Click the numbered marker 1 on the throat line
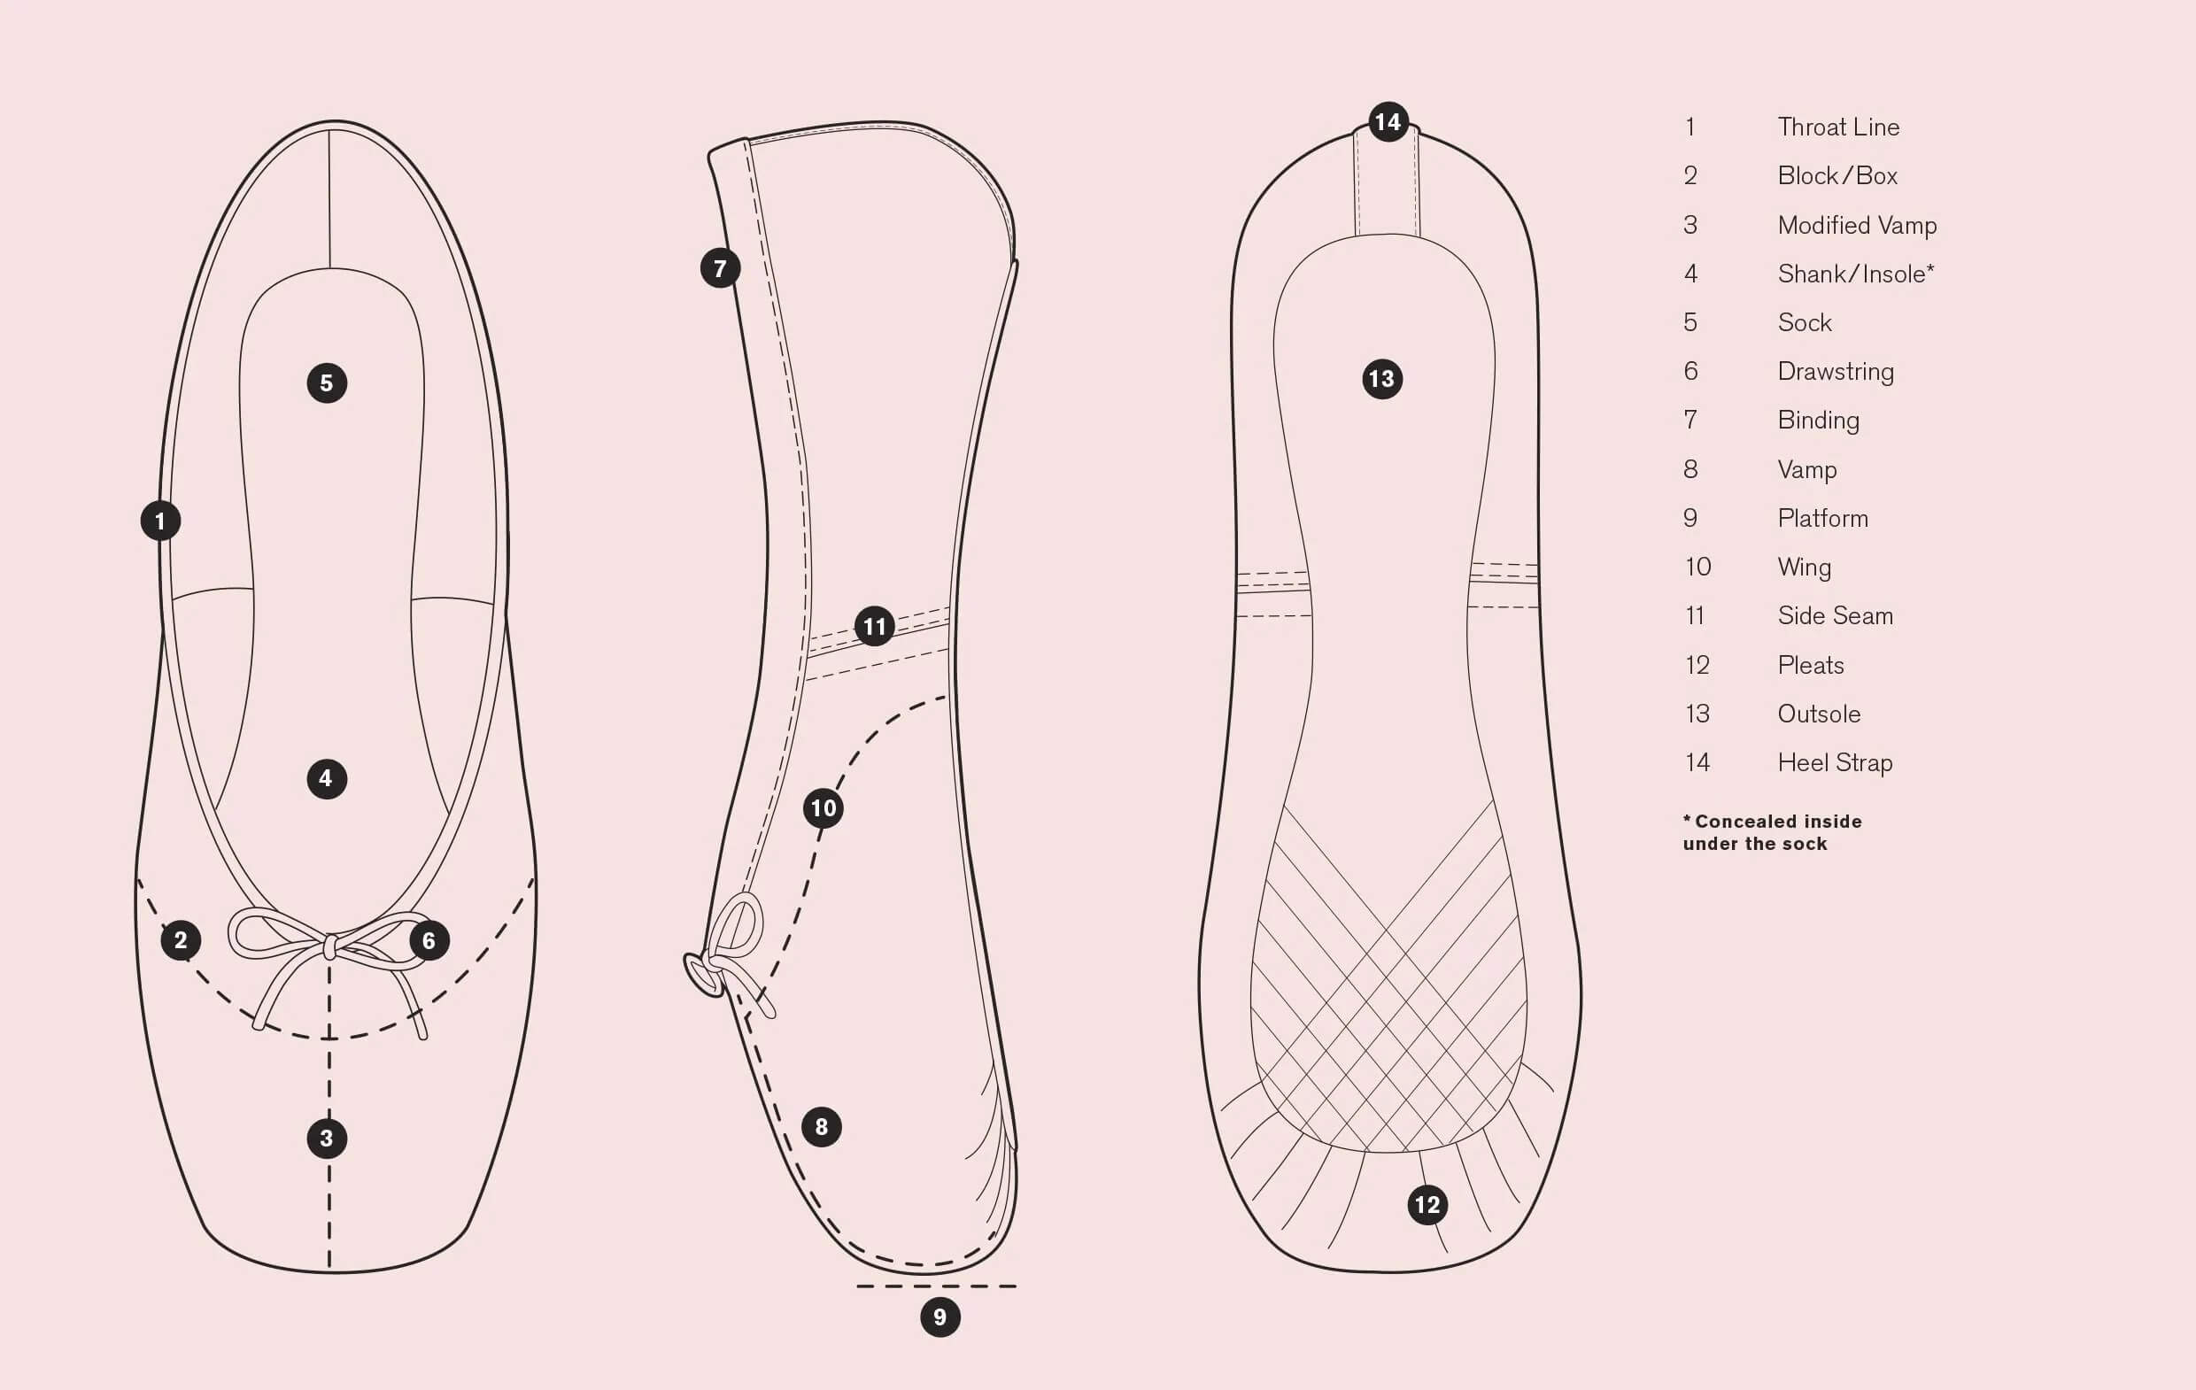coord(160,521)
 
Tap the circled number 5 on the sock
coord(327,383)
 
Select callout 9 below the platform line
coord(940,1317)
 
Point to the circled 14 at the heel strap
coord(1388,121)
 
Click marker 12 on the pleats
coord(1427,1205)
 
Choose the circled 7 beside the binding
coord(721,268)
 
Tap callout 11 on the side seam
coord(875,627)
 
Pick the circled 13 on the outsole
coord(1381,379)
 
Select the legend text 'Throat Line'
coord(1837,127)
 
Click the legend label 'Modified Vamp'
coord(1857,224)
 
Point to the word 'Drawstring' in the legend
coord(1835,371)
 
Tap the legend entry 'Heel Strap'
coord(1835,762)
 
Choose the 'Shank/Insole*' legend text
coord(1855,274)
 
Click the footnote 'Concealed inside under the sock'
coord(1771,832)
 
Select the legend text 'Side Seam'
coord(1835,615)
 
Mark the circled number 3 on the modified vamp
coord(327,1139)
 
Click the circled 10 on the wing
coord(823,808)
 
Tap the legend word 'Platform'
coord(1822,518)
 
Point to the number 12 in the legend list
coord(1697,665)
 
